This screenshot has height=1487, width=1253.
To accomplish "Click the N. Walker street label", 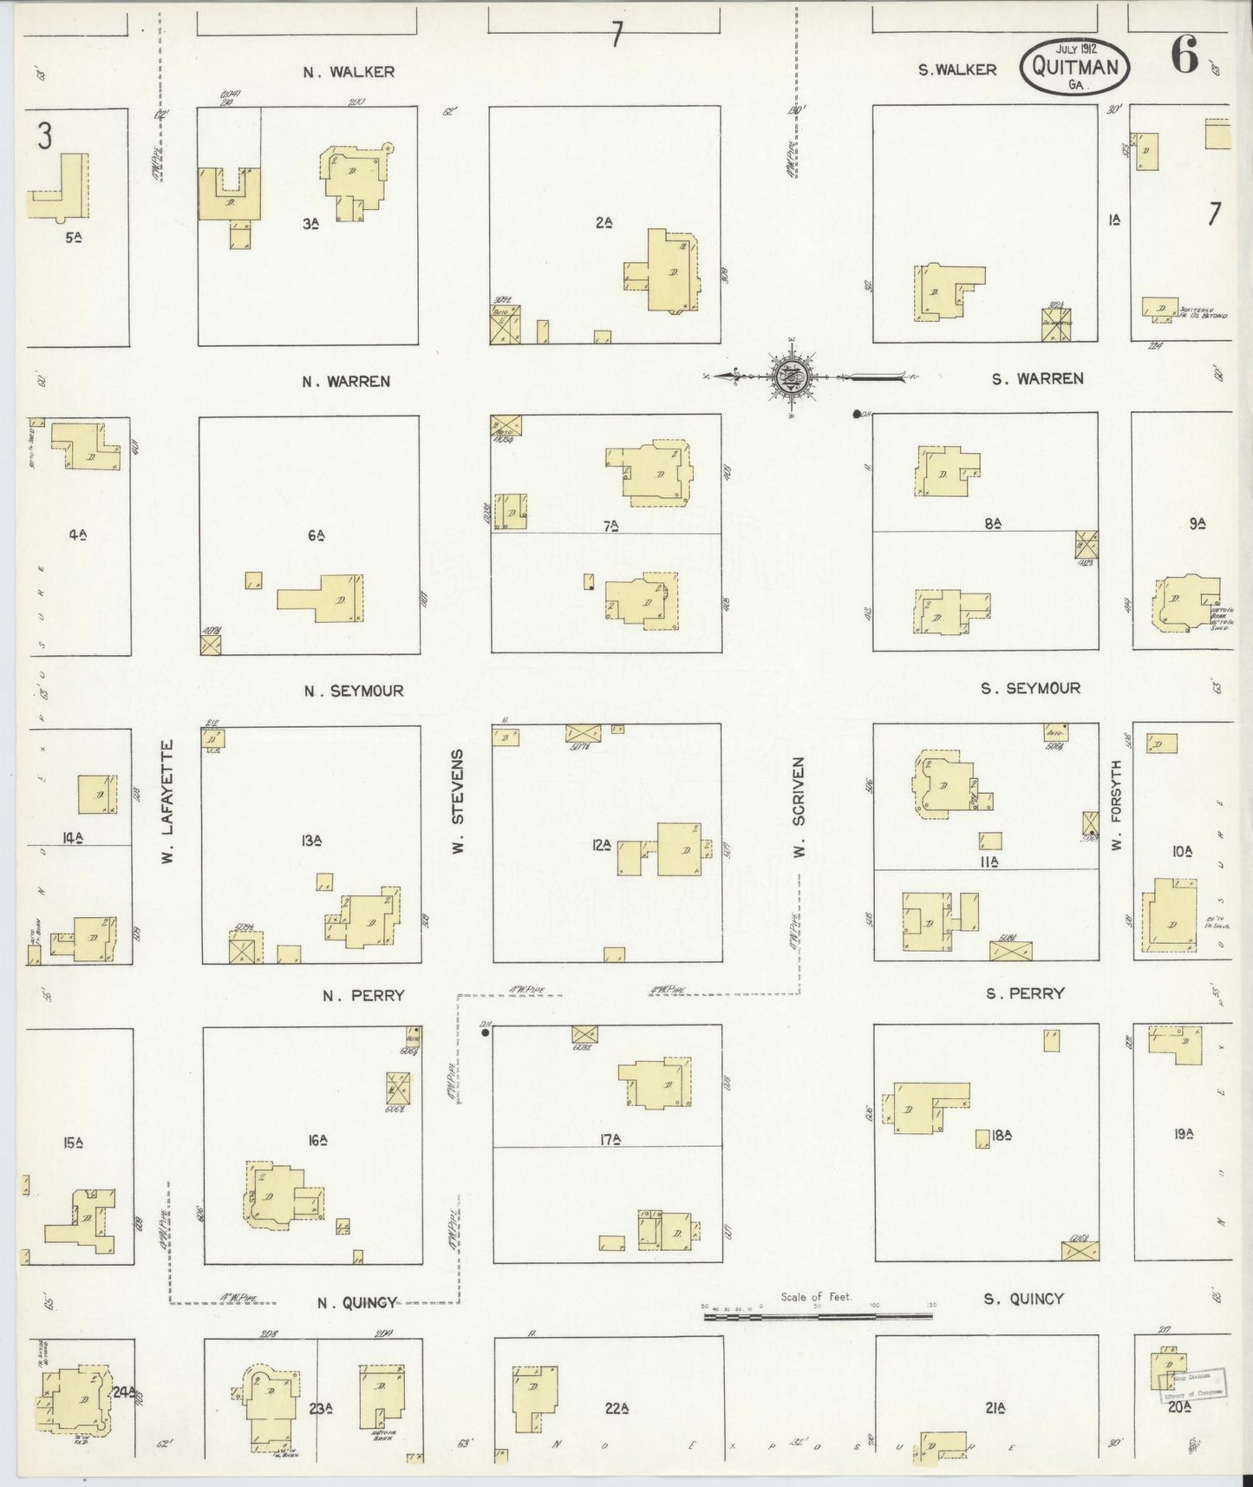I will [349, 72].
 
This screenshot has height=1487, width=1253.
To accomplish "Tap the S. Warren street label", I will [1038, 378].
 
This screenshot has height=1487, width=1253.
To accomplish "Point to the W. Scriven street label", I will [799, 808].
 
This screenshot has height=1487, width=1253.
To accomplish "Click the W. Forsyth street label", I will [1117, 805].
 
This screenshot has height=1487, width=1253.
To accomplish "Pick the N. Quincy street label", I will [356, 1301].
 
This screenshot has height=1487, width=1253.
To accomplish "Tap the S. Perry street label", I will [1024, 993].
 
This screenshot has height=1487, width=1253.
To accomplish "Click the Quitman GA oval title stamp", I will [1075, 66].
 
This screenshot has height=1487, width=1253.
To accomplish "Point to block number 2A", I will [604, 223].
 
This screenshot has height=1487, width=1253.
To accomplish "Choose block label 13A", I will [312, 840].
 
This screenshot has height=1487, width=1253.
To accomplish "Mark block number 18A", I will [1002, 1134].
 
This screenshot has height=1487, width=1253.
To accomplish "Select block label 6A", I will [316, 535].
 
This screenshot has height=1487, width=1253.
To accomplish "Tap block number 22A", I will [616, 1408].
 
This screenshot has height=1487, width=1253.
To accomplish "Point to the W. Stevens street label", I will [459, 801].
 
